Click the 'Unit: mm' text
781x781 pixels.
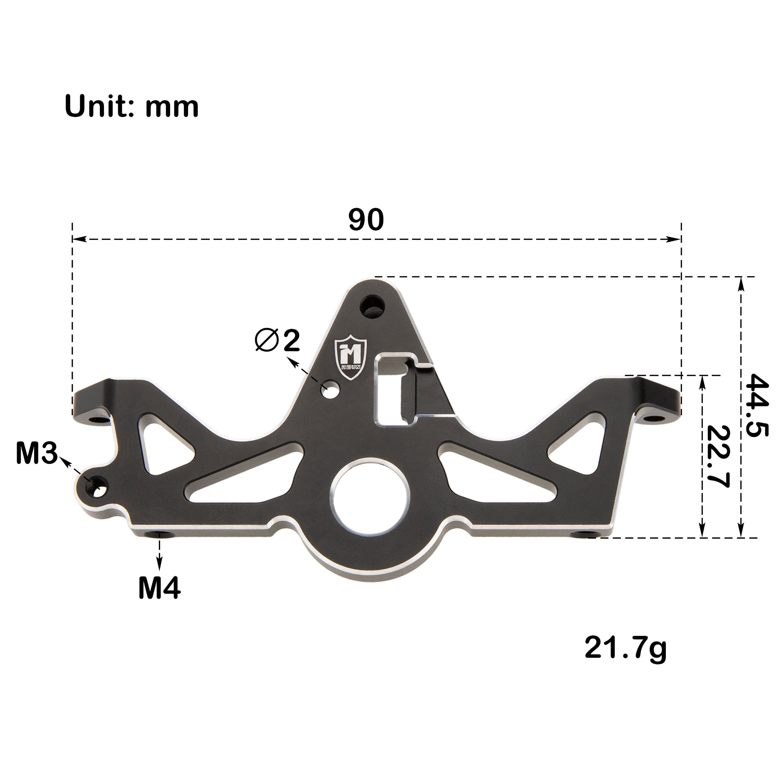[x=132, y=107]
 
